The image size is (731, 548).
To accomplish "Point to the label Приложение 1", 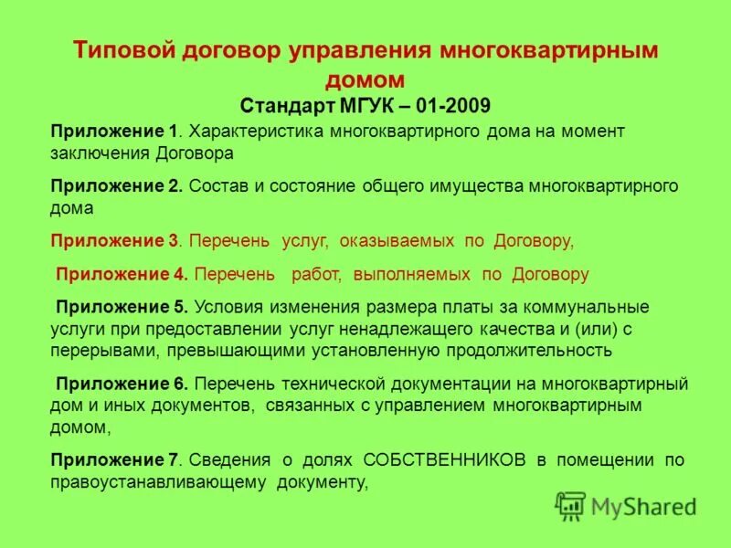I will [x=114, y=131].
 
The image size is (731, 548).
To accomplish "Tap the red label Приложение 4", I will [x=122, y=273].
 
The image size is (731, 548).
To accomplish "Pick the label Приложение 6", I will [x=122, y=383].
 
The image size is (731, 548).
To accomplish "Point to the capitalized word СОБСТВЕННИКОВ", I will [x=444, y=459].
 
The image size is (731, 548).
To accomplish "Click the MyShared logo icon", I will [x=570, y=505].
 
